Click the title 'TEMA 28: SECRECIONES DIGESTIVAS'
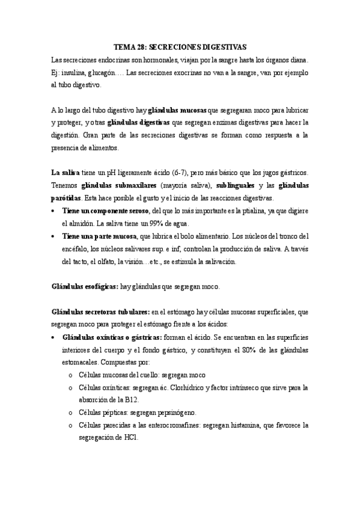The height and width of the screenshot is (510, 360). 180,47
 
